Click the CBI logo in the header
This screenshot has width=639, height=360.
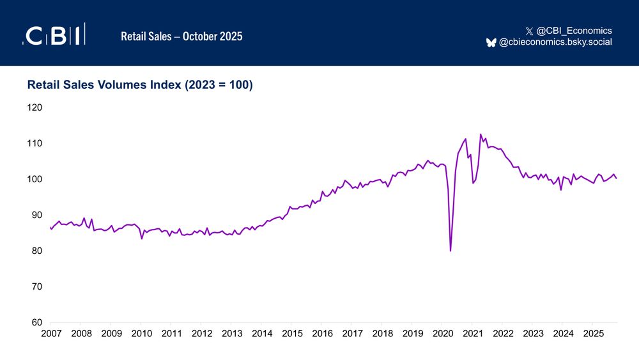point(54,36)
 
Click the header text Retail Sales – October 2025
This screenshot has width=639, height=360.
point(181,36)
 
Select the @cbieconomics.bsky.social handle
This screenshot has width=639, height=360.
point(555,42)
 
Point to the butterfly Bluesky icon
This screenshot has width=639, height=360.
point(491,42)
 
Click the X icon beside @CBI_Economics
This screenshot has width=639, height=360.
point(528,31)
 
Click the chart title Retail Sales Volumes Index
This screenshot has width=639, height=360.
point(140,85)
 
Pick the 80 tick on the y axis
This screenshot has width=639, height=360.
point(36,251)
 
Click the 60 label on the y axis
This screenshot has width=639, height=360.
point(36,322)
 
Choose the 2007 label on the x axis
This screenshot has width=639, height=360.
point(51,333)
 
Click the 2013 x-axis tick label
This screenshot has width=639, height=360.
point(232,333)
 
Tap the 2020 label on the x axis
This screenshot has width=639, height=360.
point(443,333)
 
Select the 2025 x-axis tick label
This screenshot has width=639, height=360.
point(594,333)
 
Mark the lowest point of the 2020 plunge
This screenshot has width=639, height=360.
point(450,251)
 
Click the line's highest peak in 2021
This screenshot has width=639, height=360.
point(481,134)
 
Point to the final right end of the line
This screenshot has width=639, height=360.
point(617,178)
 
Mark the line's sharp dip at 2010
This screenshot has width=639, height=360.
point(142,239)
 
